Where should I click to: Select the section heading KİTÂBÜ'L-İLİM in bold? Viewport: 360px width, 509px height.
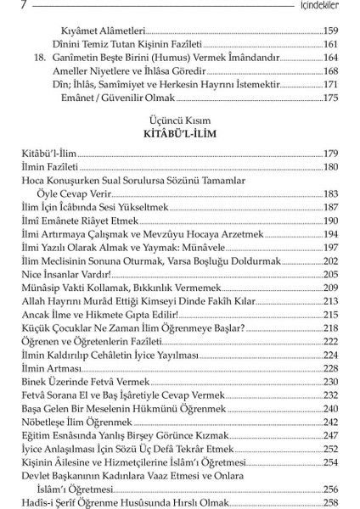pos(179,134)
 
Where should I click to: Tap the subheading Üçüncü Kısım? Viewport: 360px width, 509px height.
pos(179,120)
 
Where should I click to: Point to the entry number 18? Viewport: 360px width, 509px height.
pos(33,57)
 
